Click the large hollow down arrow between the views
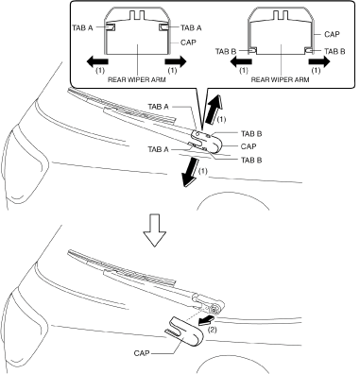coord(154,230)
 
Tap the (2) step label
coord(213,331)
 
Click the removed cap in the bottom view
coord(185,332)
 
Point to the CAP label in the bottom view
coord(142,353)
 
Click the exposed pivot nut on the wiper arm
coord(215,310)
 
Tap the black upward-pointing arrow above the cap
coord(214,110)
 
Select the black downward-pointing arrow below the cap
coord(192,174)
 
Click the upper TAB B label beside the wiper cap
coord(251,134)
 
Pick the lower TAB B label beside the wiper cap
coord(251,160)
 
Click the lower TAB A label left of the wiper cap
coord(158,149)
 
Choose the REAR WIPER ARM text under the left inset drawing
coord(137,79)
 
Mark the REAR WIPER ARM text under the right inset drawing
coord(280,79)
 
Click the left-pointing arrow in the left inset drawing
coord(97,61)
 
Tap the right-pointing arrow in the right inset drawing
coord(319,61)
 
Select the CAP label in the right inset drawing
coord(332,34)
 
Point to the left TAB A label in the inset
coord(82,27)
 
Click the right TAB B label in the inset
coord(334,51)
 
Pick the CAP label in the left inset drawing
coord(188,42)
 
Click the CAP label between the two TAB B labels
coord(249,146)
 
